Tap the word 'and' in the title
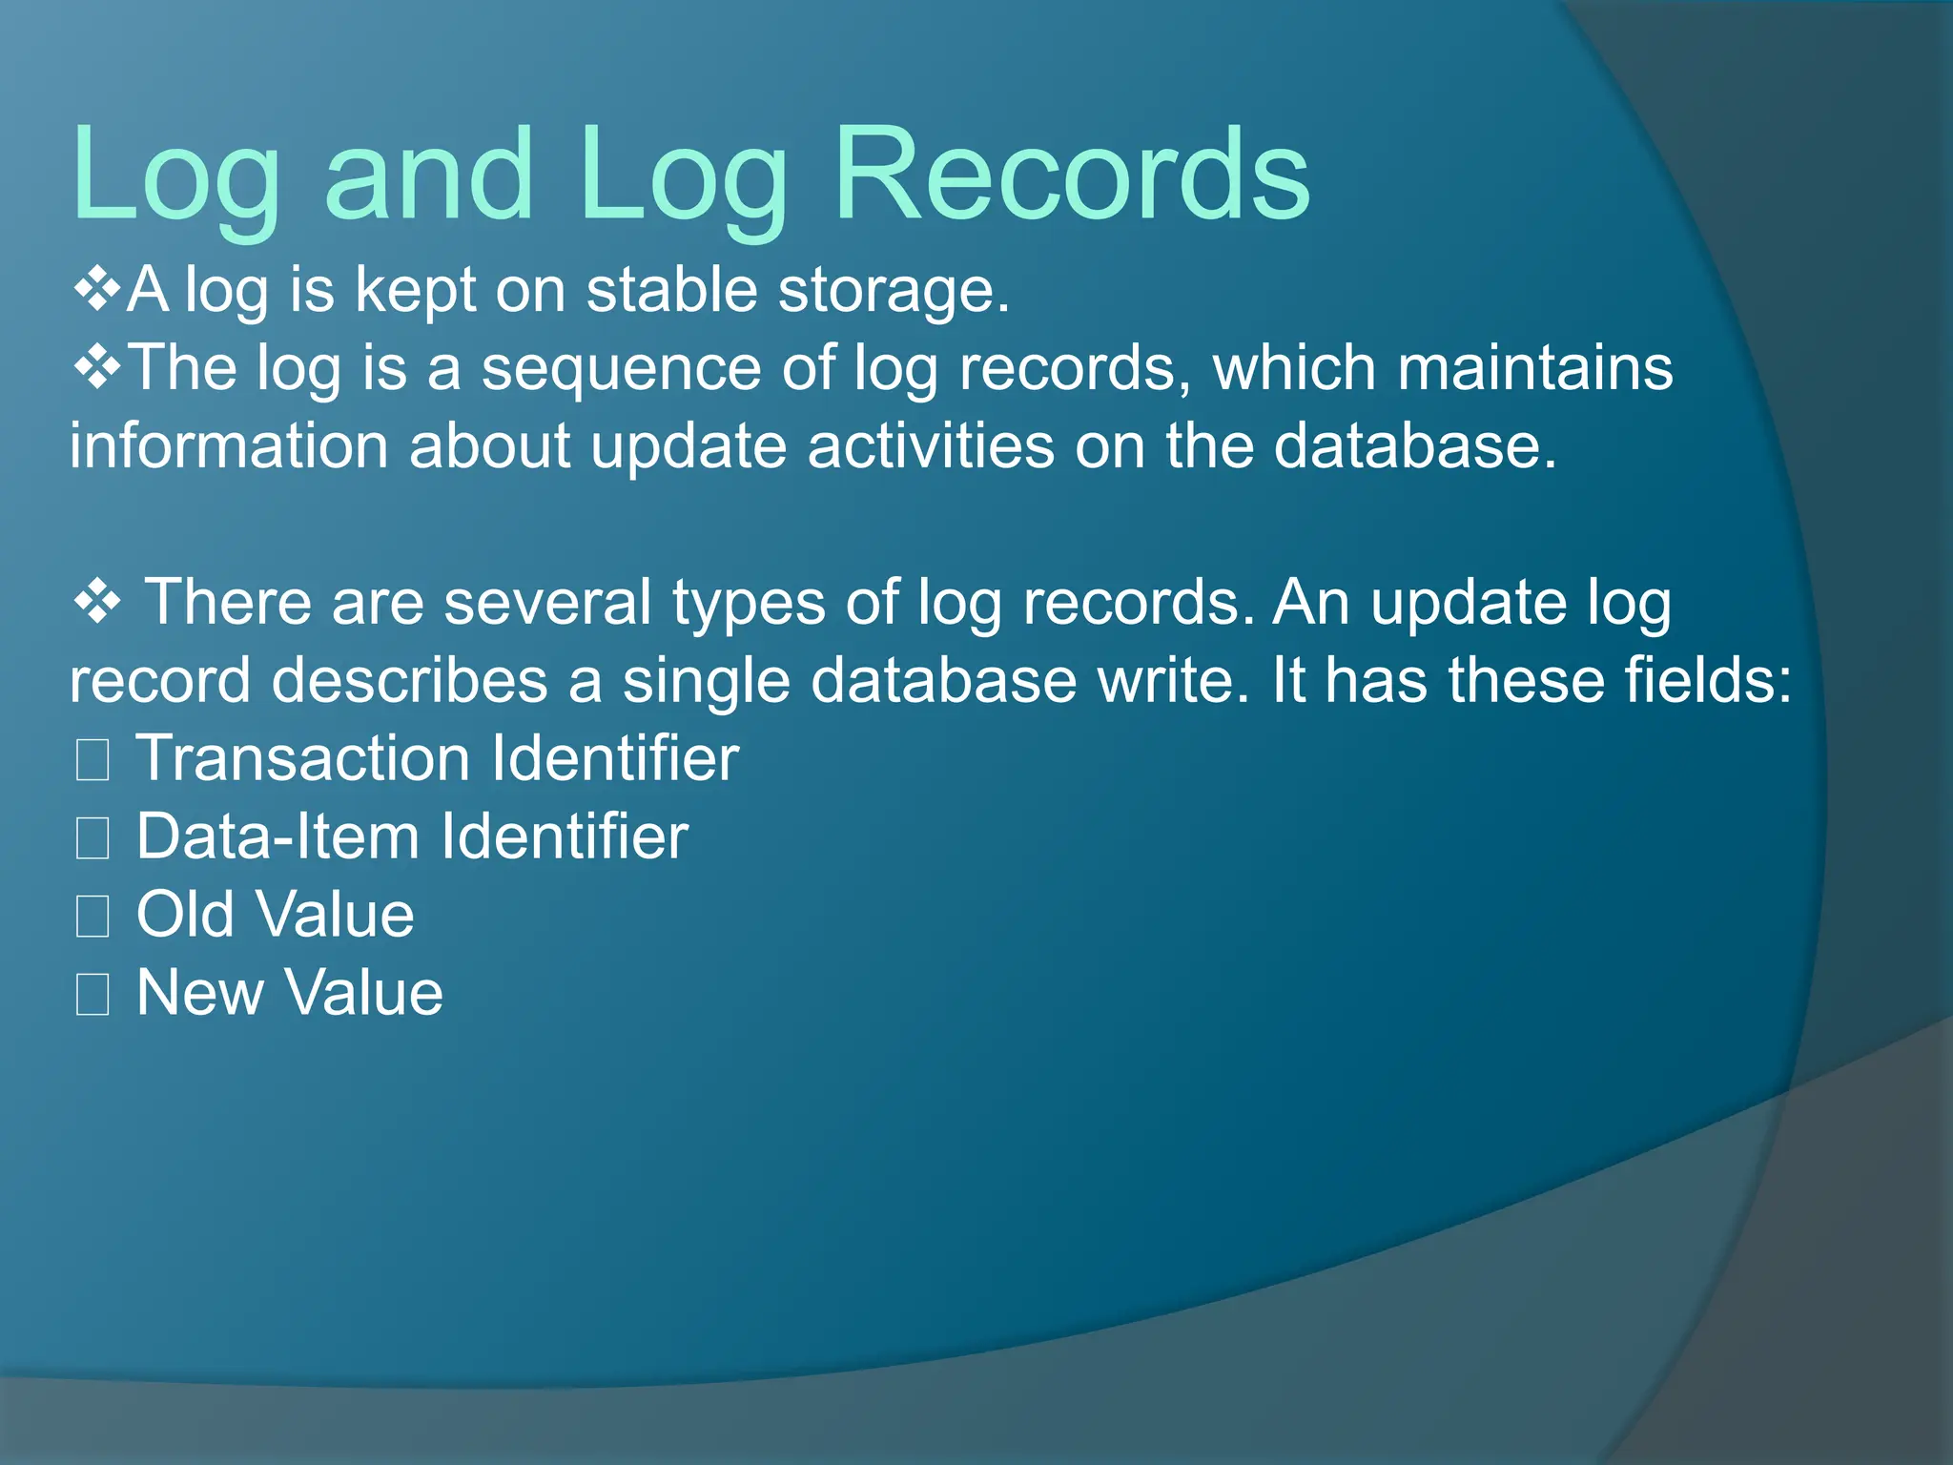click(429, 176)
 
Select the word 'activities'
click(931, 446)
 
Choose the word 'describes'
click(409, 681)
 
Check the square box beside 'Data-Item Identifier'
click(93, 838)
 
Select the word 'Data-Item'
click(278, 837)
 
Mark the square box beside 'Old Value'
click(93, 917)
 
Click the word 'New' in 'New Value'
click(199, 994)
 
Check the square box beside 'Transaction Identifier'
click(93, 760)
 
